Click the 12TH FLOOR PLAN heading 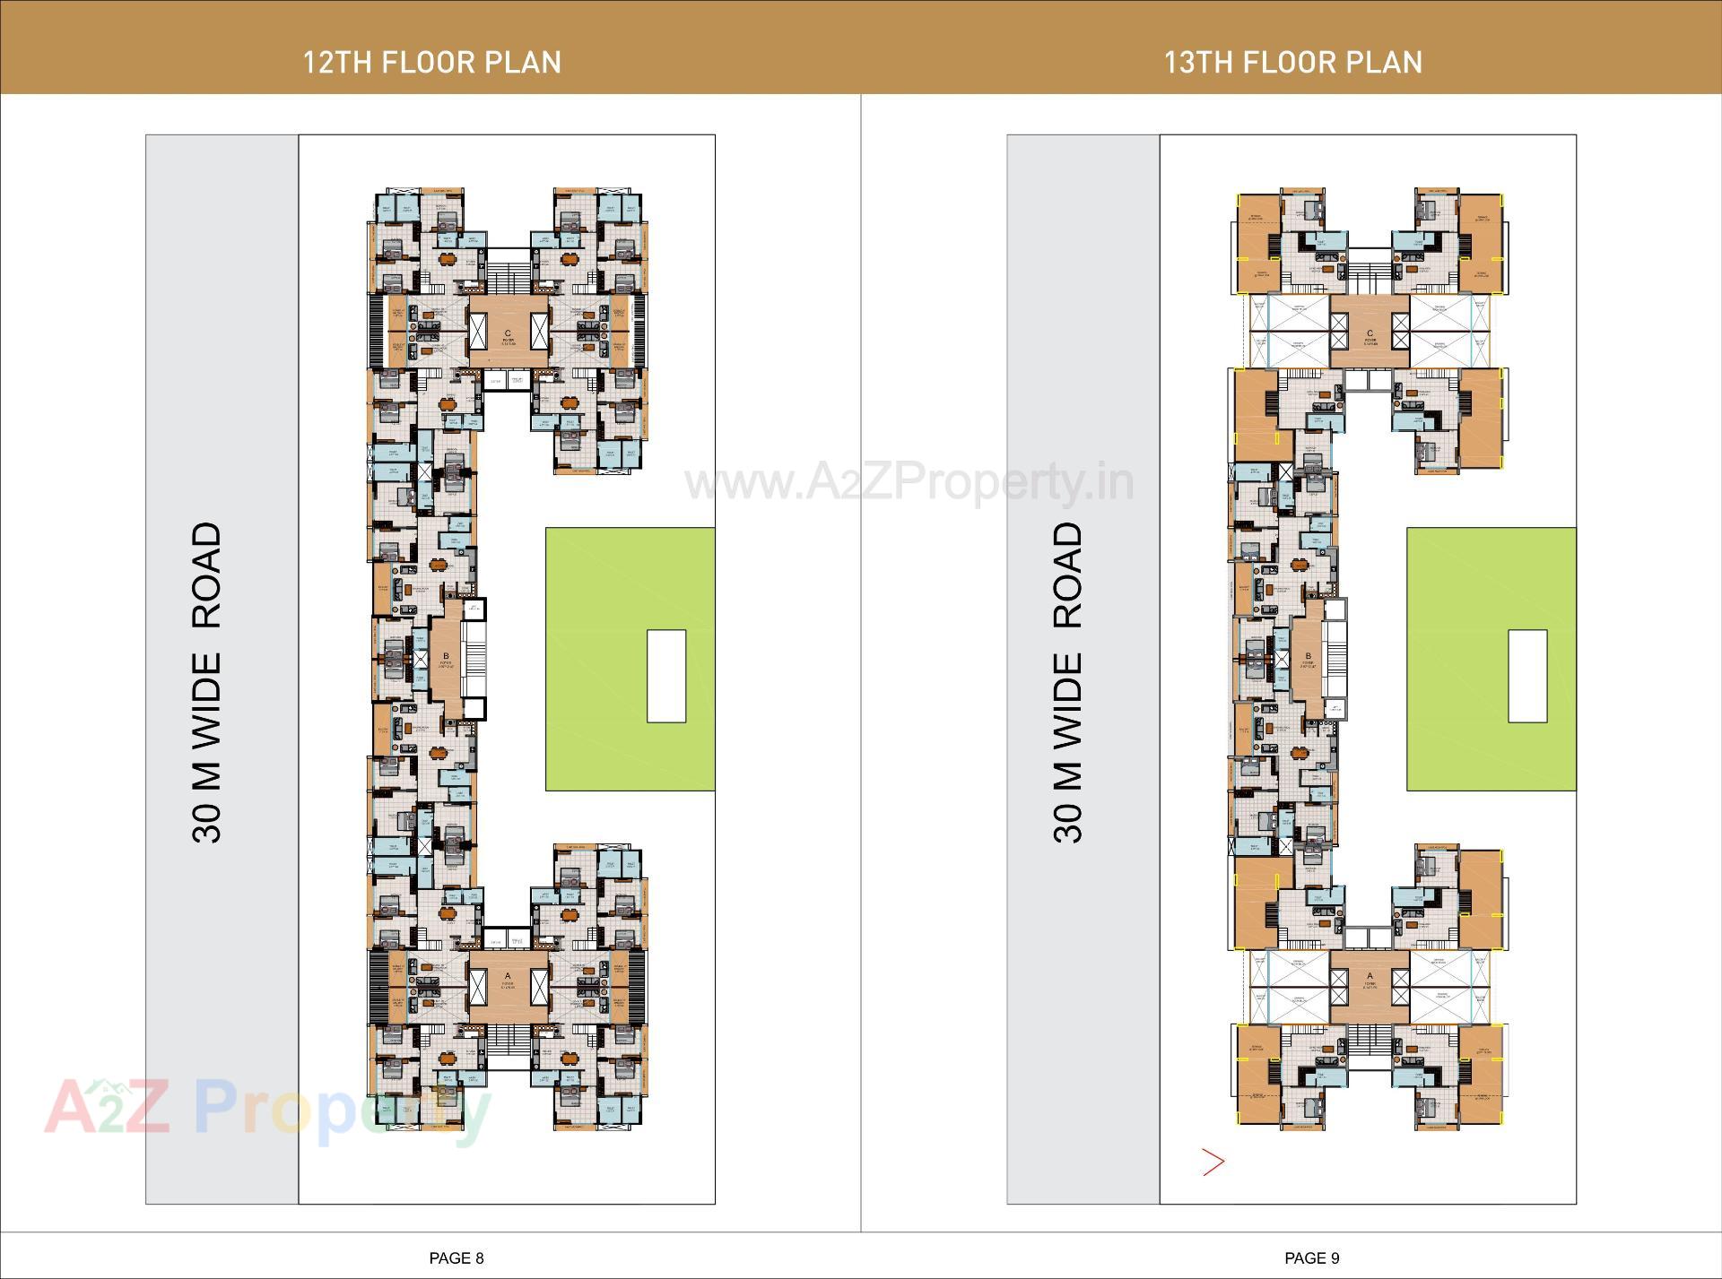431,62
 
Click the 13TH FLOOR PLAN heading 1292,62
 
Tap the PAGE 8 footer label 457,1257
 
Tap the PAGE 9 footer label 1311,1257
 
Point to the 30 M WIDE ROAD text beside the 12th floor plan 206,682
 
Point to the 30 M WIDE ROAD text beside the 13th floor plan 1067,682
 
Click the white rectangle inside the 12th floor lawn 666,676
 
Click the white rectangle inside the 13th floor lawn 1527,676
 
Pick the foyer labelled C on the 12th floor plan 508,339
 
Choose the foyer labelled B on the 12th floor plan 445,661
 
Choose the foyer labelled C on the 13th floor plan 1370,339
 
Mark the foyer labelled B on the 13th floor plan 1309,661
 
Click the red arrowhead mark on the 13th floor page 1213,1162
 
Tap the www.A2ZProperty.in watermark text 909,483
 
